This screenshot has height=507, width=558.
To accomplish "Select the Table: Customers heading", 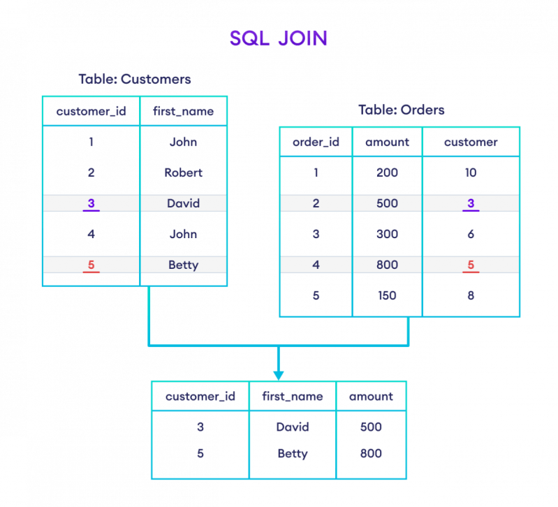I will pyautogui.click(x=134, y=80).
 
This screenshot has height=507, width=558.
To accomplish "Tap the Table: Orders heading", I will pyautogui.click(x=400, y=110).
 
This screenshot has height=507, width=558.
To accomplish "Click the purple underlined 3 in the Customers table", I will pyautogui.click(x=91, y=203).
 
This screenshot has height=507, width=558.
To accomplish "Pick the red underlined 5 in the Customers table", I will pyautogui.click(x=91, y=265).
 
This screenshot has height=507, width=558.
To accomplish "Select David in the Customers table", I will pyautogui.click(x=184, y=203).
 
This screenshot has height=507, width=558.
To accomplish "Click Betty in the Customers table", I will pyautogui.click(x=184, y=265).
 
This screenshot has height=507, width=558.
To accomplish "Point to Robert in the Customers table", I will pyautogui.click(x=184, y=172).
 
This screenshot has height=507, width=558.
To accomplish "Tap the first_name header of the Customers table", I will pyautogui.click(x=184, y=110).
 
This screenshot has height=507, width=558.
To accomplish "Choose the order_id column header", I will pyautogui.click(x=316, y=142).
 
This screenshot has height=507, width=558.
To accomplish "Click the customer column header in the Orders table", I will pyautogui.click(x=471, y=142).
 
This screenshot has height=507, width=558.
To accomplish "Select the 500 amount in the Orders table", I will pyautogui.click(x=388, y=203).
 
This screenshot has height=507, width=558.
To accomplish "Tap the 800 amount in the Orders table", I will pyautogui.click(x=388, y=265).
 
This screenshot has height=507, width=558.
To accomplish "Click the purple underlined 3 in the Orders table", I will pyautogui.click(x=471, y=203).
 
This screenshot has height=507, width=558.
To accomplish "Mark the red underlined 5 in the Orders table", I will pyautogui.click(x=471, y=265).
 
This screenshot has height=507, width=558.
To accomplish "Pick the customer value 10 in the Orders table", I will pyautogui.click(x=471, y=172).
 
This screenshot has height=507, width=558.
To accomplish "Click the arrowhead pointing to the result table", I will pyautogui.click(x=278, y=374).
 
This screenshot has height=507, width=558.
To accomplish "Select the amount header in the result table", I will pyautogui.click(x=371, y=397).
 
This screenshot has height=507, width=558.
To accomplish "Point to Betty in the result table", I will pyautogui.click(x=293, y=453).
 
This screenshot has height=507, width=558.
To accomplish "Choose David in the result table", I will pyautogui.click(x=293, y=426).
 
